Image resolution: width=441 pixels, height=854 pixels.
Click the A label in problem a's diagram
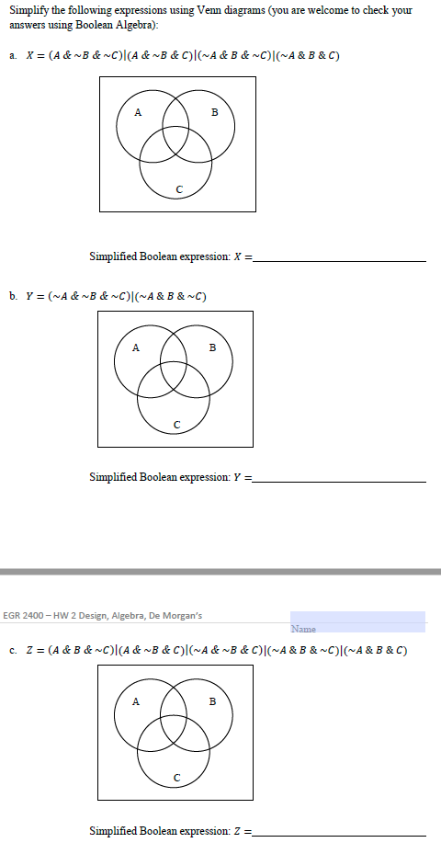click(x=138, y=113)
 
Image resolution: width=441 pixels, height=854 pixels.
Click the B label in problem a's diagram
click(x=215, y=113)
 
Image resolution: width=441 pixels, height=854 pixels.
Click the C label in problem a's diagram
click(x=178, y=189)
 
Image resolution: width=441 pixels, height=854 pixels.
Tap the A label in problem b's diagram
click(x=136, y=347)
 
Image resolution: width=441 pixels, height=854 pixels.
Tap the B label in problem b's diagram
click(x=213, y=347)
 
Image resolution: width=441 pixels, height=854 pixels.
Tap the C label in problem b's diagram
click(x=176, y=424)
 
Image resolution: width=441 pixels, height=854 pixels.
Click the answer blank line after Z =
click(x=340, y=834)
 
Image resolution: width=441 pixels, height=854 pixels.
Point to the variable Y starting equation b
click(x=30, y=296)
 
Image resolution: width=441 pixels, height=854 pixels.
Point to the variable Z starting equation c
click(x=30, y=650)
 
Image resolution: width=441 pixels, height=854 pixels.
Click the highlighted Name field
click(x=357, y=622)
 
